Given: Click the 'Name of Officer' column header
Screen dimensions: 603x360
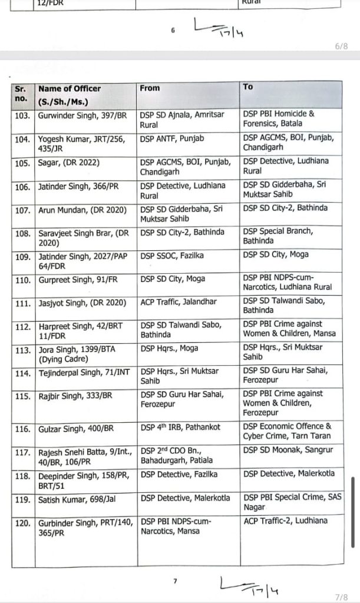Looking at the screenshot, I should click(69, 88).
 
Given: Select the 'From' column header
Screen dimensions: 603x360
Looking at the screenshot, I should click(150, 88).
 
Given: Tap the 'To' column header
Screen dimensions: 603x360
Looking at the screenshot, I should click(248, 87).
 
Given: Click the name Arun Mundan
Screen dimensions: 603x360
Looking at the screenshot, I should click(62, 208).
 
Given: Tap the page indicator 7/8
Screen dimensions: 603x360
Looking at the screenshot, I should click(341, 597).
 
